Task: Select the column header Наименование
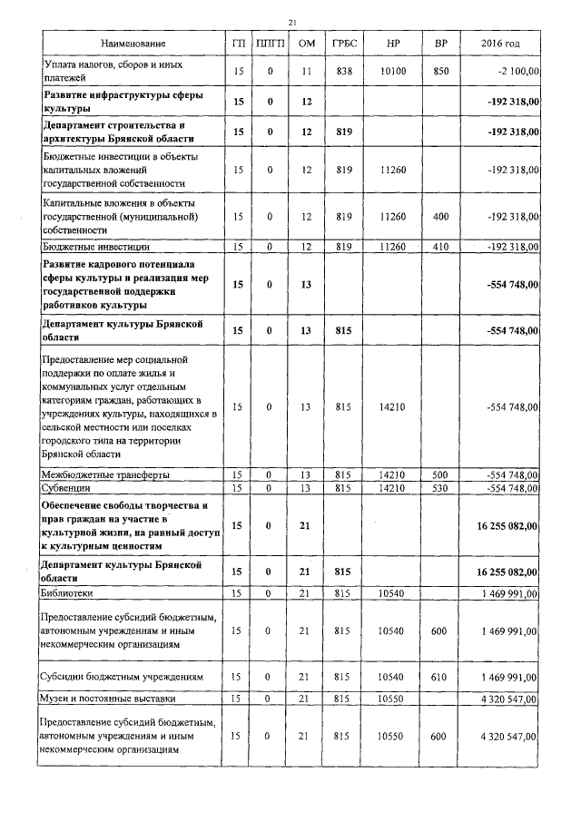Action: click(x=133, y=44)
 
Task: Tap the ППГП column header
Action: click(x=270, y=44)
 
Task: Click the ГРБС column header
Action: click(x=343, y=44)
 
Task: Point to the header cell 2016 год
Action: click(x=503, y=44)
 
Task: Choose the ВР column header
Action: click(x=440, y=44)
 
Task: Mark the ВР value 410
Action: click(x=440, y=246)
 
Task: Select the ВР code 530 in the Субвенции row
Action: click(x=440, y=488)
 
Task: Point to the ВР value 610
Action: click(x=440, y=677)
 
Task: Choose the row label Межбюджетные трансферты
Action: click(x=105, y=474)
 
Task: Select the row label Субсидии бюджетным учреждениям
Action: click(x=123, y=677)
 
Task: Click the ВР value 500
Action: click(x=440, y=474)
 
